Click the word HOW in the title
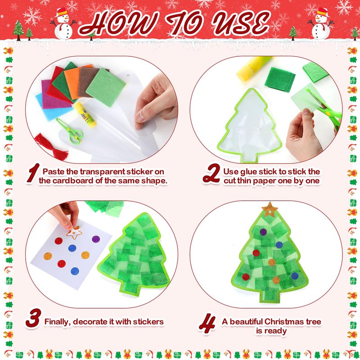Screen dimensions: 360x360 [x=118, y=23]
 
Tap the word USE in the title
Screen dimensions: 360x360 [x=240, y=23]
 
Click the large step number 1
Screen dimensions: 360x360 [x=32, y=173]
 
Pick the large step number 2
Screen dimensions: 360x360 [x=211, y=174]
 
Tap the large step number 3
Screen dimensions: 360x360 [x=33, y=318]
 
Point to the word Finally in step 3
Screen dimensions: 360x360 [x=58, y=322]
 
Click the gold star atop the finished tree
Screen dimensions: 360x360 [x=270, y=210]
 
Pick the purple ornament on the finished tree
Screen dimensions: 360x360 [x=263, y=232]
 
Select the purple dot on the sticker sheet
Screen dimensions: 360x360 [x=96, y=239]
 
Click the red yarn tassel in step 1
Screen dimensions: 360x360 [x=52, y=147]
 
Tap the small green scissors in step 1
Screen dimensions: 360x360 [x=70, y=131]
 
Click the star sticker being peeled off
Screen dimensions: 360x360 [x=74, y=232]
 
